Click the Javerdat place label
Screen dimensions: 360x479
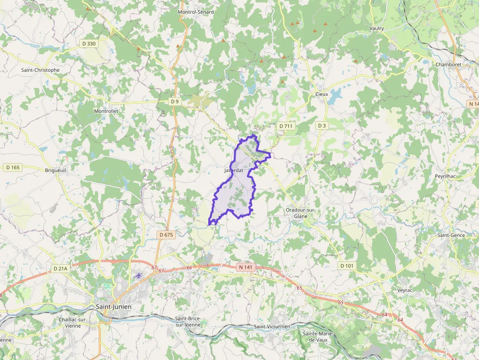point(234,170)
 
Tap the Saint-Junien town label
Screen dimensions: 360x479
point(113,307)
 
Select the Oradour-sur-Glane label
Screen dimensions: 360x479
point(301,213)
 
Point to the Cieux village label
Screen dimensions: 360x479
point(322,93)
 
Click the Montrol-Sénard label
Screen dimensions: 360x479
point(196,12)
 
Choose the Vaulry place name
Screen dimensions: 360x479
point(377,28)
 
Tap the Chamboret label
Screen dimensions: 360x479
point(448,64)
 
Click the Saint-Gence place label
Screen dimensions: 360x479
point(451,235)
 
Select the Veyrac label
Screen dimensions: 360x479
point(405,290)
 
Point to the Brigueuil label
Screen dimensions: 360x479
point(55,170)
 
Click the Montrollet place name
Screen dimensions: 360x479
point(106,111)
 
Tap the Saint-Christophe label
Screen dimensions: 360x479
point(40,70)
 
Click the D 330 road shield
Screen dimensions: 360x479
point(89,43)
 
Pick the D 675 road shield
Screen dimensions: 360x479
point(166,235)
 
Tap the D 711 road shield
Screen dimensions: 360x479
point(286,126)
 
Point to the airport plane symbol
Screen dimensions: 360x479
point(139,275)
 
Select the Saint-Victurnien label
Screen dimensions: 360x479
point(272,326)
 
